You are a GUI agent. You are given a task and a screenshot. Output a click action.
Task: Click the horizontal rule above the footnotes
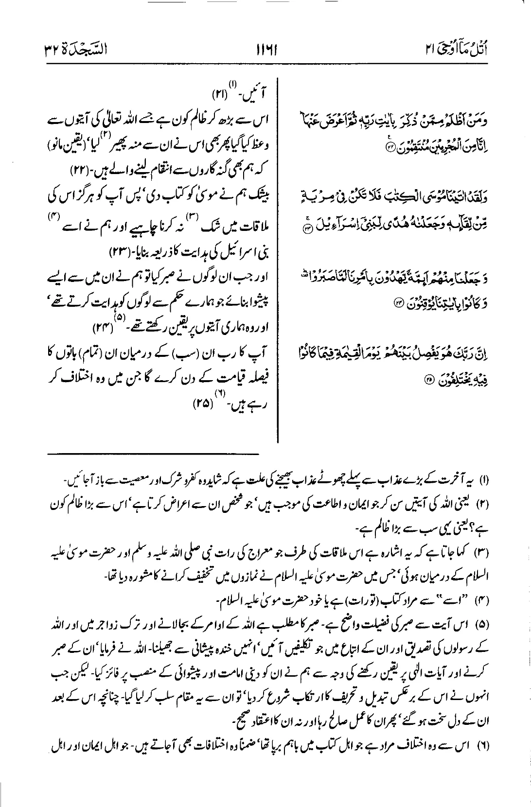tap(153, 455)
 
